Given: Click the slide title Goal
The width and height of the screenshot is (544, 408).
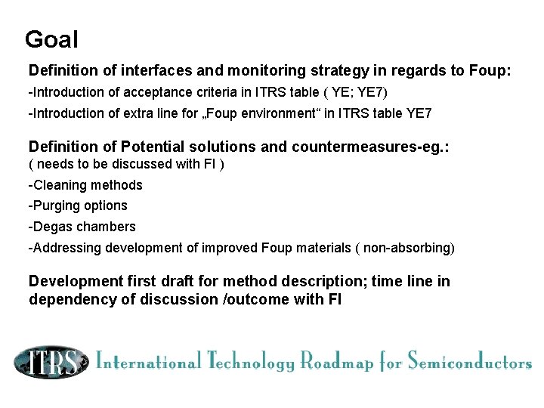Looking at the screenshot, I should [x=51, y=39].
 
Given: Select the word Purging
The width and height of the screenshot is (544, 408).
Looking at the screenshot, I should [x=57, y=206].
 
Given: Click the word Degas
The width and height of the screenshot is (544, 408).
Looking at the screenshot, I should [x=51, y=227].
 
